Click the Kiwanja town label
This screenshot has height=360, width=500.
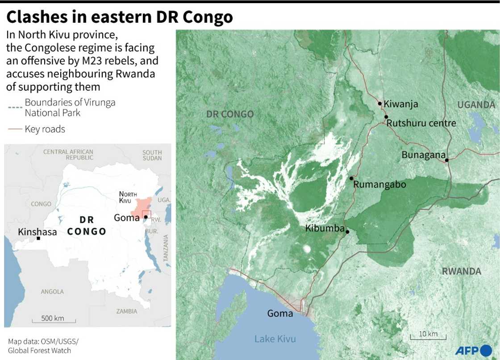tap(401, 104)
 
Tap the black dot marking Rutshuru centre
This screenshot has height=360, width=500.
tap(386, 117)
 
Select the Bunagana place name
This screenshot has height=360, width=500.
tap(423, 155)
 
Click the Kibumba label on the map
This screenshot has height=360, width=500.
tap(325, 228)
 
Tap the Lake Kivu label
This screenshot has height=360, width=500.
tap(275, 339)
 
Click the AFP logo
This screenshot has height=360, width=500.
tap(473, 350)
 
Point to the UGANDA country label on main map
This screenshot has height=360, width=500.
tap(476, 105)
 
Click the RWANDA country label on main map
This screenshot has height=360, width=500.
tap(461, 271)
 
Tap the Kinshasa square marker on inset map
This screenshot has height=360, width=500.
tap(38, 239)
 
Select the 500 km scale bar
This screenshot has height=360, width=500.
tap(54, 319)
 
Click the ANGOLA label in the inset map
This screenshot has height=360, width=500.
tap(52, 292)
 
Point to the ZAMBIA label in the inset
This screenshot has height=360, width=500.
tap(127, 311)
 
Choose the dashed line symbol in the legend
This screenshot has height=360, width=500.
tap(15, 108)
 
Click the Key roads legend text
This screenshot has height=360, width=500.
tap(45, 130)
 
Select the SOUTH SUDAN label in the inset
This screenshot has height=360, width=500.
tap(152, 155)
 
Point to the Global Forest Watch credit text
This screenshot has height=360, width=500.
tap(39, 351)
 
